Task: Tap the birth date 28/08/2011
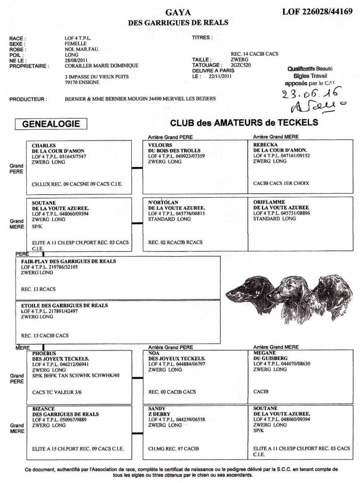point(76,60)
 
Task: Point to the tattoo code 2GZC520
point(242,65)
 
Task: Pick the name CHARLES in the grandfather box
point(44,145)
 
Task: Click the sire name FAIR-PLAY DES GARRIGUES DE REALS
point(68,261)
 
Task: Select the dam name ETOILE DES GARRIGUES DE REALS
point(65,305)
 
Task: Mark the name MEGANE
point(266,353)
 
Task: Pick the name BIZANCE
point(44,408)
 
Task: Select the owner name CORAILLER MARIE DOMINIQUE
point(101,66)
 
